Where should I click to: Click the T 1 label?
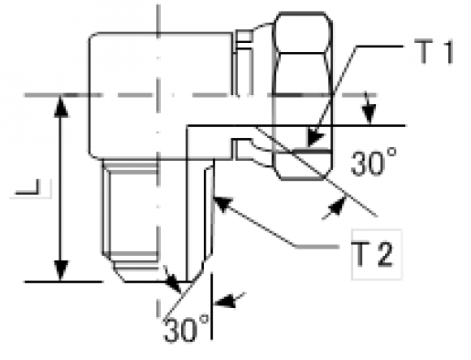pos(434,52)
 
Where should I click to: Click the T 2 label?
pos(373,254)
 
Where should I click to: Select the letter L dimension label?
pos(28,187)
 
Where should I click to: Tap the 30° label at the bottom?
pos(186,329)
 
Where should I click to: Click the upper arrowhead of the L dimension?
pos(61,106)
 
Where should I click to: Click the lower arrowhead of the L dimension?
pos(61,271)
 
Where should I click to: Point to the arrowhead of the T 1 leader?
pos(315,139)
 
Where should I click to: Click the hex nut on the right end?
pos(303,96)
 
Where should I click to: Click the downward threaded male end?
pos(158,221)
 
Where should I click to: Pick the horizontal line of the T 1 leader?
pos(379,46)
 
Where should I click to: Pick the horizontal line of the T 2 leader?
pos(318,247)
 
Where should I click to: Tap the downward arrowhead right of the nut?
pos(369,114)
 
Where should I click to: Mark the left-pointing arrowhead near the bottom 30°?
pos(224,301)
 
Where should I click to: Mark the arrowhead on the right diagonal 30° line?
pos(336,206)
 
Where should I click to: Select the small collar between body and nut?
pos(244,94)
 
